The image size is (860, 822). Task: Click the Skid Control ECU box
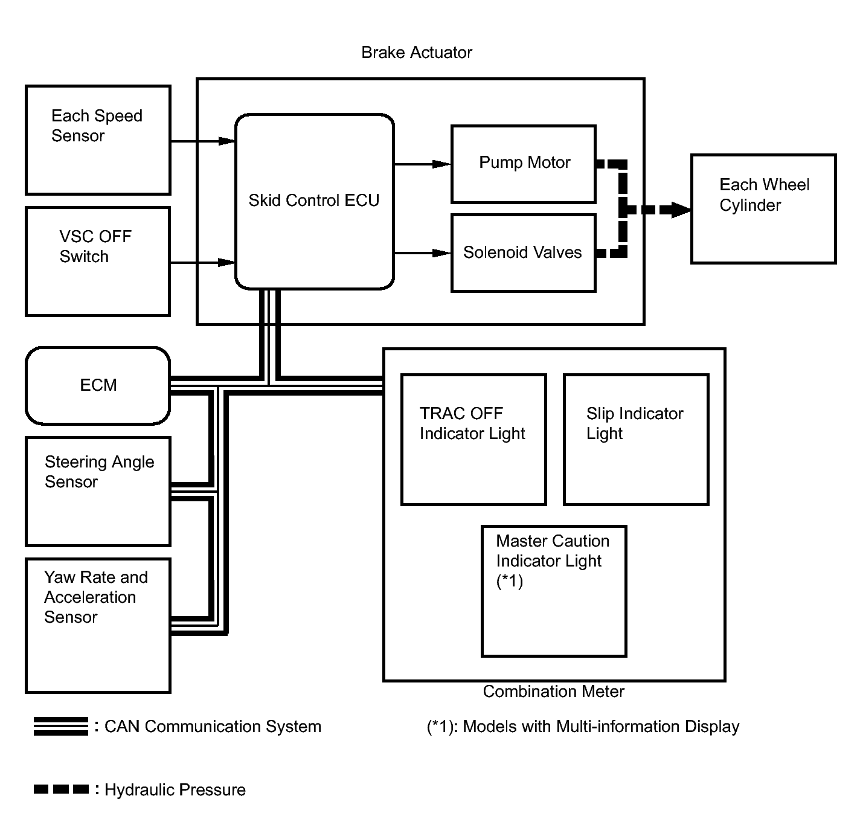314,202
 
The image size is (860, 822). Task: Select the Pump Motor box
523,164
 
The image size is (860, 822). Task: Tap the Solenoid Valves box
523,253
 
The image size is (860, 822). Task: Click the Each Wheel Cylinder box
763,208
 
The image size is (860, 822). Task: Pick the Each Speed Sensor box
98,140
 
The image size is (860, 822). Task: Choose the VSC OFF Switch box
98,262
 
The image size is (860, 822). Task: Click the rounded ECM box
98,385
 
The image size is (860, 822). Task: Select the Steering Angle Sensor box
98,492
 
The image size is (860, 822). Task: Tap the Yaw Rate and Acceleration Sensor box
98,626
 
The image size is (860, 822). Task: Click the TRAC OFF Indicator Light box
473,439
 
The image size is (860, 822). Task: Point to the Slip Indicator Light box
636,439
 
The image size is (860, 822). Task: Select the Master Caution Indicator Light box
554,591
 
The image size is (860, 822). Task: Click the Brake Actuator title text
417,53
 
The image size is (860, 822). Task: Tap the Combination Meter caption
553,691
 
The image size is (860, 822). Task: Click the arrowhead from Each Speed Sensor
226,141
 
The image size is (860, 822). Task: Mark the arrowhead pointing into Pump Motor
441,164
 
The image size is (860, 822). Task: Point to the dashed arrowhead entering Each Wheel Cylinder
681,210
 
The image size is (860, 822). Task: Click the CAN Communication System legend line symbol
61,726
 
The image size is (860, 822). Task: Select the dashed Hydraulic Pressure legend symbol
61,789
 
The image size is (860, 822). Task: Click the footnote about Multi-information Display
583,727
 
